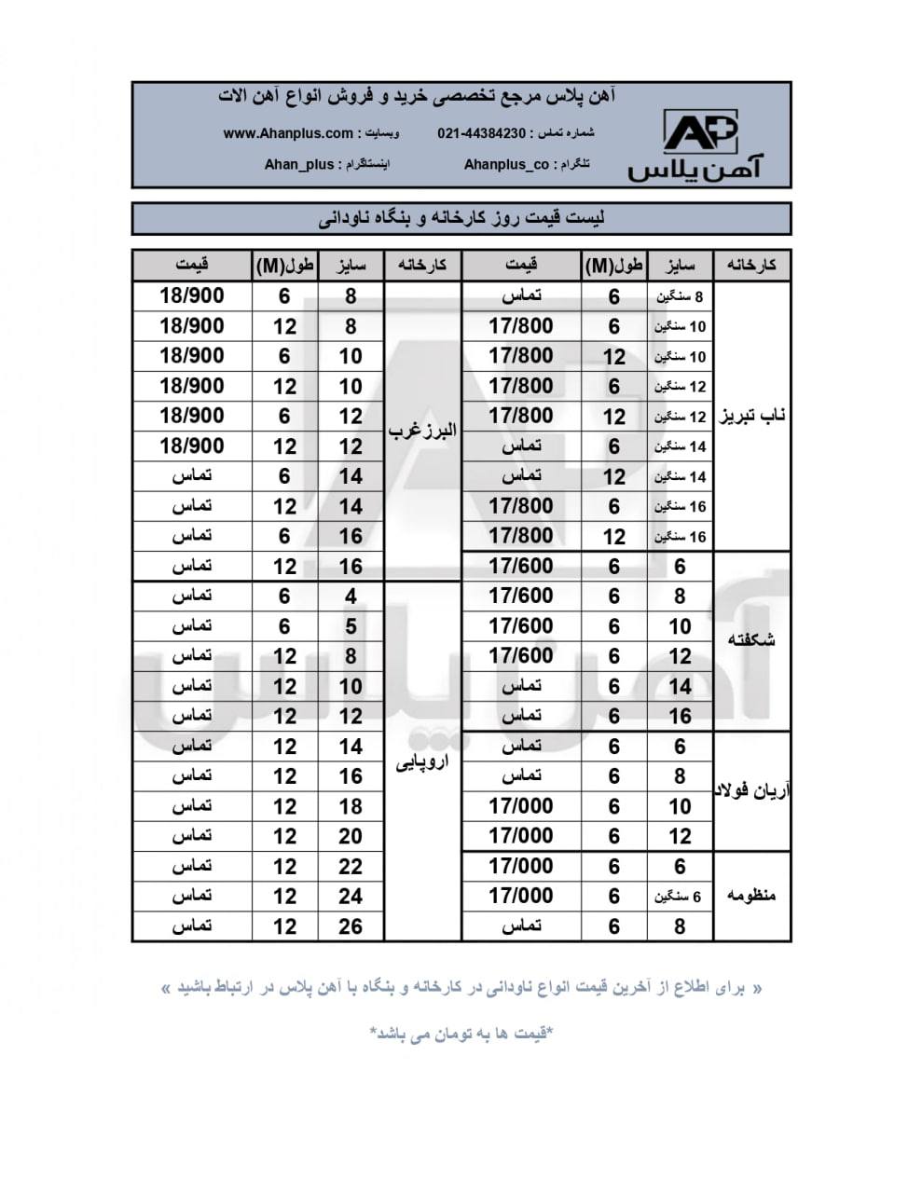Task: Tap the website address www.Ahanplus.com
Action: pyautogui.click(x=288, y=133)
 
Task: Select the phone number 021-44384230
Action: pyautogui.click(x=481, y=133)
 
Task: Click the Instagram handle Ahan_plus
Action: pyautogui.click(x=298, y=164)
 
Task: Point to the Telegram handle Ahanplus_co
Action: pyautogui.click(x=506, y=164)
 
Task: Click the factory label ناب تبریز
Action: pyautogui.click(x=751, y=416)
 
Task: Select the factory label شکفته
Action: pyautogui.click(x=751, y=640)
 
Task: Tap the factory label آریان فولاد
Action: pyautogui.click(x=751, y=791)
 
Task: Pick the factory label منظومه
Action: pyautogui.click(x=751, y=896)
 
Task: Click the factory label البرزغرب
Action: pyautogui.click(x=422, y=431)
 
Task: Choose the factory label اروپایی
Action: pyautogui.click(x=422, y=761)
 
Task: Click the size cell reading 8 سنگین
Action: pyautogui.click(x=680, y=296)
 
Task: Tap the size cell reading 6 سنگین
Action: pyautogui.click(x=680, y=897)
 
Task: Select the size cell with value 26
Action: pyautogui.click(x=351, y=926)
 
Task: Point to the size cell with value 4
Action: pyautogui.click(x=351, y=596)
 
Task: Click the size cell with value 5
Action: pyautogui.click(x=351, y=626)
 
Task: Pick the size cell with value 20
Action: pyautogui.click(x=351, y=836)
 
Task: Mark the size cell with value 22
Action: pyautogui.click(x=351, y=866)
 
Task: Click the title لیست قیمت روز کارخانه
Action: pyautogui.click(x=461, y=219)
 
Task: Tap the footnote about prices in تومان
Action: pyautogui.click(x=461, y=1034)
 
